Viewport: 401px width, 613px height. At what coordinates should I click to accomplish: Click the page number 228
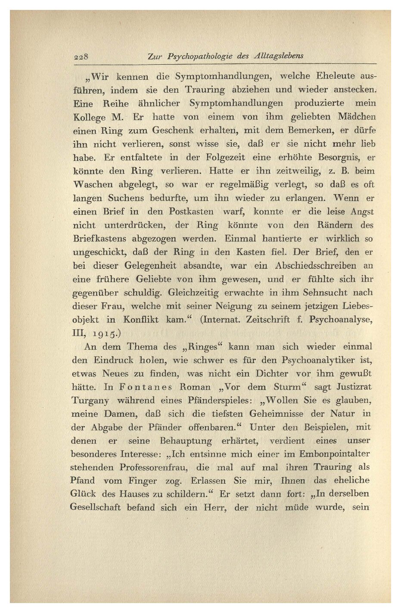pos(81,56)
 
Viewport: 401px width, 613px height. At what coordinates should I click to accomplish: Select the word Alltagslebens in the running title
pos(280,56)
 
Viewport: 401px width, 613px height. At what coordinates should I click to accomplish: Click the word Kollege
pos(90,117)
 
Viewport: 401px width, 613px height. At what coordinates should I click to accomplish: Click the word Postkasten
pos(191,211)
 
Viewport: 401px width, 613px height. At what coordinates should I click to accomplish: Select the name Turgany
pos(90,401)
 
